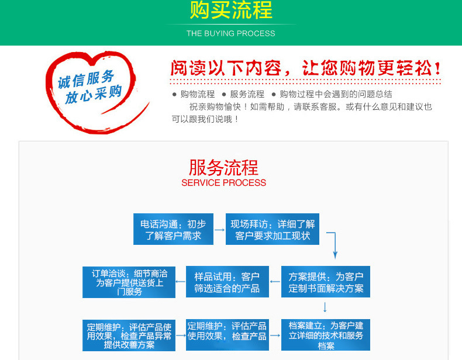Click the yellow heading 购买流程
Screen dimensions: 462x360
tap(231, 11)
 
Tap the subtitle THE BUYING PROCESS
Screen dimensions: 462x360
tap(231, 33)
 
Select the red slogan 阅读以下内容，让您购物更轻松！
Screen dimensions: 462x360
tap(305, 68)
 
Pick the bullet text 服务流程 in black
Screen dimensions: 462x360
tap(247, 94)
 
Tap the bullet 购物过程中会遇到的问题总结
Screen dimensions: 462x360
tap(336, 94)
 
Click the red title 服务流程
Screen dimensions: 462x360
tap(223, 167)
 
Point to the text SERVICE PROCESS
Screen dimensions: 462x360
tap(223, 183)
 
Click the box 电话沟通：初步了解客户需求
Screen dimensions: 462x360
tap(173, 230)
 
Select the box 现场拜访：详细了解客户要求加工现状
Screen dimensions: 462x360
tap(273, 230)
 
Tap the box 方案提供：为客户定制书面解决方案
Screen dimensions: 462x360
tap(325, 282)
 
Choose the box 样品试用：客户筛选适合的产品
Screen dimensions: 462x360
tap(227, 282)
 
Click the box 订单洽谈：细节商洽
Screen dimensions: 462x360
tap(129, 282)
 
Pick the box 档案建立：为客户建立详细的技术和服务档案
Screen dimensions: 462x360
tap(325, 335)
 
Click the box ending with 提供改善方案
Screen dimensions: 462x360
tap(129, 335)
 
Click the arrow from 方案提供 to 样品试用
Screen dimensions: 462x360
tap(274, 282)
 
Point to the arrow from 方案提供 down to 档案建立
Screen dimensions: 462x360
tap(325, 307)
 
